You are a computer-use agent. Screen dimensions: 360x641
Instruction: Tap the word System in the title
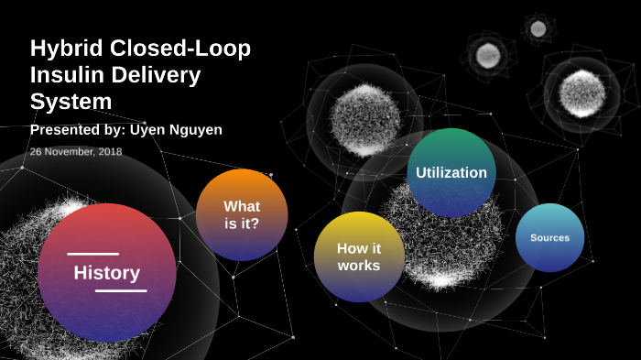[71, 101]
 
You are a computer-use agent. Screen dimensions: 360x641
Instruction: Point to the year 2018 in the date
[109, 151]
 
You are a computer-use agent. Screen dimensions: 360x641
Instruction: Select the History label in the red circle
[107, 273]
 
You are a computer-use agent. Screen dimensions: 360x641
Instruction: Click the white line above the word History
[92, 254]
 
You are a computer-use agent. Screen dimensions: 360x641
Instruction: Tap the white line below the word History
[121, 291]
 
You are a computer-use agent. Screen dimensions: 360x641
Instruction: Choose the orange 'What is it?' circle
[242, 214]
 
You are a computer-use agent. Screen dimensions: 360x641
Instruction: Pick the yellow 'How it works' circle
[359, 256]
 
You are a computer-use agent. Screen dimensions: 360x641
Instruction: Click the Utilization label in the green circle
[451, 172]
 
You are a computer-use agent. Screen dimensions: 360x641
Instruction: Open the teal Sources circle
[549, 238]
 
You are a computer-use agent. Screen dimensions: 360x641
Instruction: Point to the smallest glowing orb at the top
[538, 28]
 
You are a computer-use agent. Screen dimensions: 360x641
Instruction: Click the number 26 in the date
[36, 151]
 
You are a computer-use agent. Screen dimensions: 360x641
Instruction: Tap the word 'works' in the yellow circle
[359, 266]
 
